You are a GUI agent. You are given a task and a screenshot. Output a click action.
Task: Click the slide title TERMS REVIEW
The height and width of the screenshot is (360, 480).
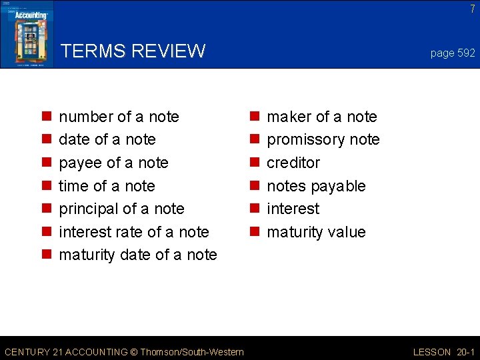(133, 51)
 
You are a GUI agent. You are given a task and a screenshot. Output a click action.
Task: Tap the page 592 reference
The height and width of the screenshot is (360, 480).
(453, 53)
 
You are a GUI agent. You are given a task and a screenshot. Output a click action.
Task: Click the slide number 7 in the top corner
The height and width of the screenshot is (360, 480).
(472, 9)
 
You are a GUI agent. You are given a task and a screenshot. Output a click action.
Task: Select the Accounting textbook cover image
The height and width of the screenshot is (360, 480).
(27, 34)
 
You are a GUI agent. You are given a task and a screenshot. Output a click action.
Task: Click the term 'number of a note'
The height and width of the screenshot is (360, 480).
(119, 117)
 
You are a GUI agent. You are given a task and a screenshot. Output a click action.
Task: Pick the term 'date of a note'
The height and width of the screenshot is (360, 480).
(107, 140)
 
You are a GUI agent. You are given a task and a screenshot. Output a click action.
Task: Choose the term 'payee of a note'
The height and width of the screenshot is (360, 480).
(113, 163)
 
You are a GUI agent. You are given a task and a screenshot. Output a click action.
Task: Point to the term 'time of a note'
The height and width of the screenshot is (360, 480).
(107, 186)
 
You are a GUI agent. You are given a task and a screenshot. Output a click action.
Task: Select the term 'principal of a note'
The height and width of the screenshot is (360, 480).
(121, 209)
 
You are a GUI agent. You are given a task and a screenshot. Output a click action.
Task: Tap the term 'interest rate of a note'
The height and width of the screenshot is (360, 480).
(134, 232)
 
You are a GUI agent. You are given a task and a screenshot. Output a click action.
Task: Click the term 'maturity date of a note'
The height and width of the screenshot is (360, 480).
(138, 255)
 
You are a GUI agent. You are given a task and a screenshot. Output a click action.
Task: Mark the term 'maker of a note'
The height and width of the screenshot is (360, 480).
(321, 117)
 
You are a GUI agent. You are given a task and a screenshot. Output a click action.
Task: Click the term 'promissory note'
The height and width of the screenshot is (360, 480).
(323, 140)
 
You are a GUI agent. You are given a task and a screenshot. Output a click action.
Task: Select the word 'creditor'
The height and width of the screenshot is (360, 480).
(293, 163)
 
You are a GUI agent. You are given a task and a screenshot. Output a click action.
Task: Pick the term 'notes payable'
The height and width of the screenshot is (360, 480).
(316, 186)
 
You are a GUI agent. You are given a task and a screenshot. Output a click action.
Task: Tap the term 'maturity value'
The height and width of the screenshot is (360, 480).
(316, 232)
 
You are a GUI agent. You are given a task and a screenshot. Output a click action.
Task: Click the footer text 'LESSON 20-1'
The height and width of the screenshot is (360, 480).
(443, 351)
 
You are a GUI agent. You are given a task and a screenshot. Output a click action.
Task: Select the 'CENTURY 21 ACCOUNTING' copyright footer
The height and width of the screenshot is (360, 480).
(124, 351)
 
